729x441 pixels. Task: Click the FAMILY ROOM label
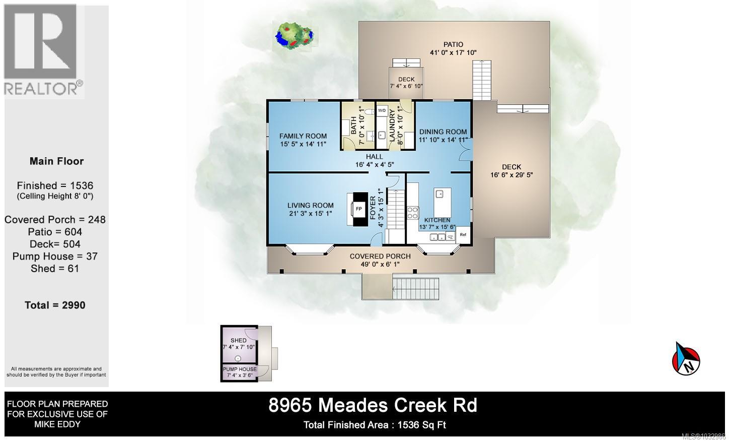point(303,136)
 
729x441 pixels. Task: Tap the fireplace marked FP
point(359,209)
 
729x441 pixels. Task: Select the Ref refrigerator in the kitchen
point(463,235)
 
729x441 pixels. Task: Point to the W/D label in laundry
point(382,110)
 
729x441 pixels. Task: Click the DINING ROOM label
point(443,132)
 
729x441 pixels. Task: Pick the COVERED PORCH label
point(380,257)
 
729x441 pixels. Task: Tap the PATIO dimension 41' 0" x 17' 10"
point(453,52)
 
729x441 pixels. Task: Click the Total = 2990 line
point(55,305)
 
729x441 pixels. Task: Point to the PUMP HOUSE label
point(240,369)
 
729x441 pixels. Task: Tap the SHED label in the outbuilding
point(239,341)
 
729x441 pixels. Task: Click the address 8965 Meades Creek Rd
point(373,405)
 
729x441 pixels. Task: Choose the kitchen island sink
point(439,194)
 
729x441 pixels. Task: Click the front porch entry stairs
point(409,288)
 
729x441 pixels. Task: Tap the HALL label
point(375,157)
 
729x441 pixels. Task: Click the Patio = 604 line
point(55,232)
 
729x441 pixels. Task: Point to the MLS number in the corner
point(703,436)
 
